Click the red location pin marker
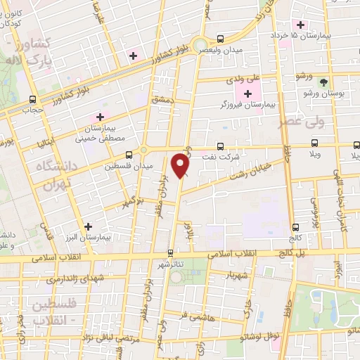point(181,165)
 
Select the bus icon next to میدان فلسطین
point(129,155)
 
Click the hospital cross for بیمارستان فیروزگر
point(247,94)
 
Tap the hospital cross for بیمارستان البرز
point(88,226)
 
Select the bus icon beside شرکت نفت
point(221,146)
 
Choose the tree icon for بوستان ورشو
point(323,82)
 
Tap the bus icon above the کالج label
point(295,226)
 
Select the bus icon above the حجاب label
point(33,99)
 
